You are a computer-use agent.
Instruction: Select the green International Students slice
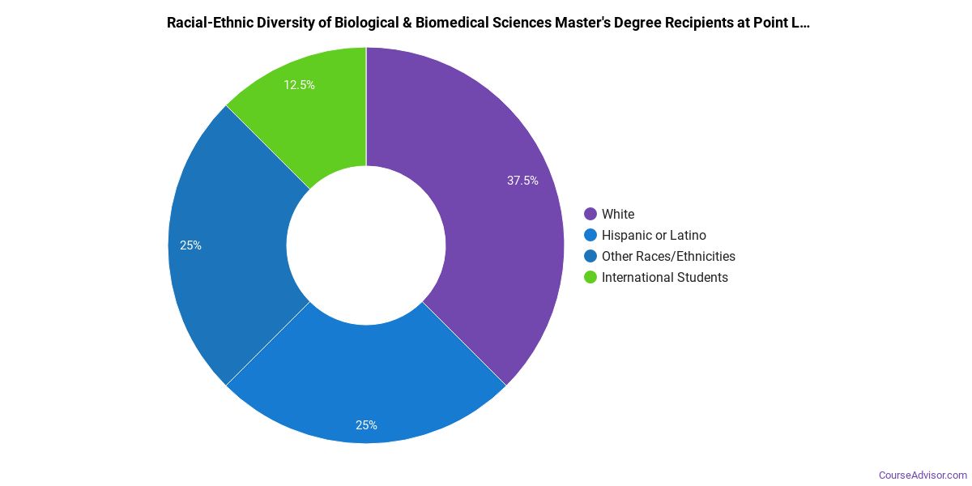point(324,113)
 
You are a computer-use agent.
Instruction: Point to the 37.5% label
point(522,181)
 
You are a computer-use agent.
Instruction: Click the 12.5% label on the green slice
point(299,84)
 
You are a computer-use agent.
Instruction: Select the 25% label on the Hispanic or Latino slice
point(365,424)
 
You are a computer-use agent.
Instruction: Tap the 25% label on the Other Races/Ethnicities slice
point(190,245)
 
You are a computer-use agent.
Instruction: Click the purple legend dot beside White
point(590,214)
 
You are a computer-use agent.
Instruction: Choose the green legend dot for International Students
point(590,277)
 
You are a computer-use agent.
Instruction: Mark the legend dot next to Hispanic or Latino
point(590,235)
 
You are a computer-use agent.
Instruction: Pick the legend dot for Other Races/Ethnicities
point(590,256)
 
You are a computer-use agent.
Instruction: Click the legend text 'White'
point(618,214)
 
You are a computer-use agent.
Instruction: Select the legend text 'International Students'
point(665,277)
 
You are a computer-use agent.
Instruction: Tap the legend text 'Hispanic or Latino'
point(654,235)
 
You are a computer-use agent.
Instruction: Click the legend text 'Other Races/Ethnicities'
point(668,256)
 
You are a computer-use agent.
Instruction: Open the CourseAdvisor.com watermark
point(923,475)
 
